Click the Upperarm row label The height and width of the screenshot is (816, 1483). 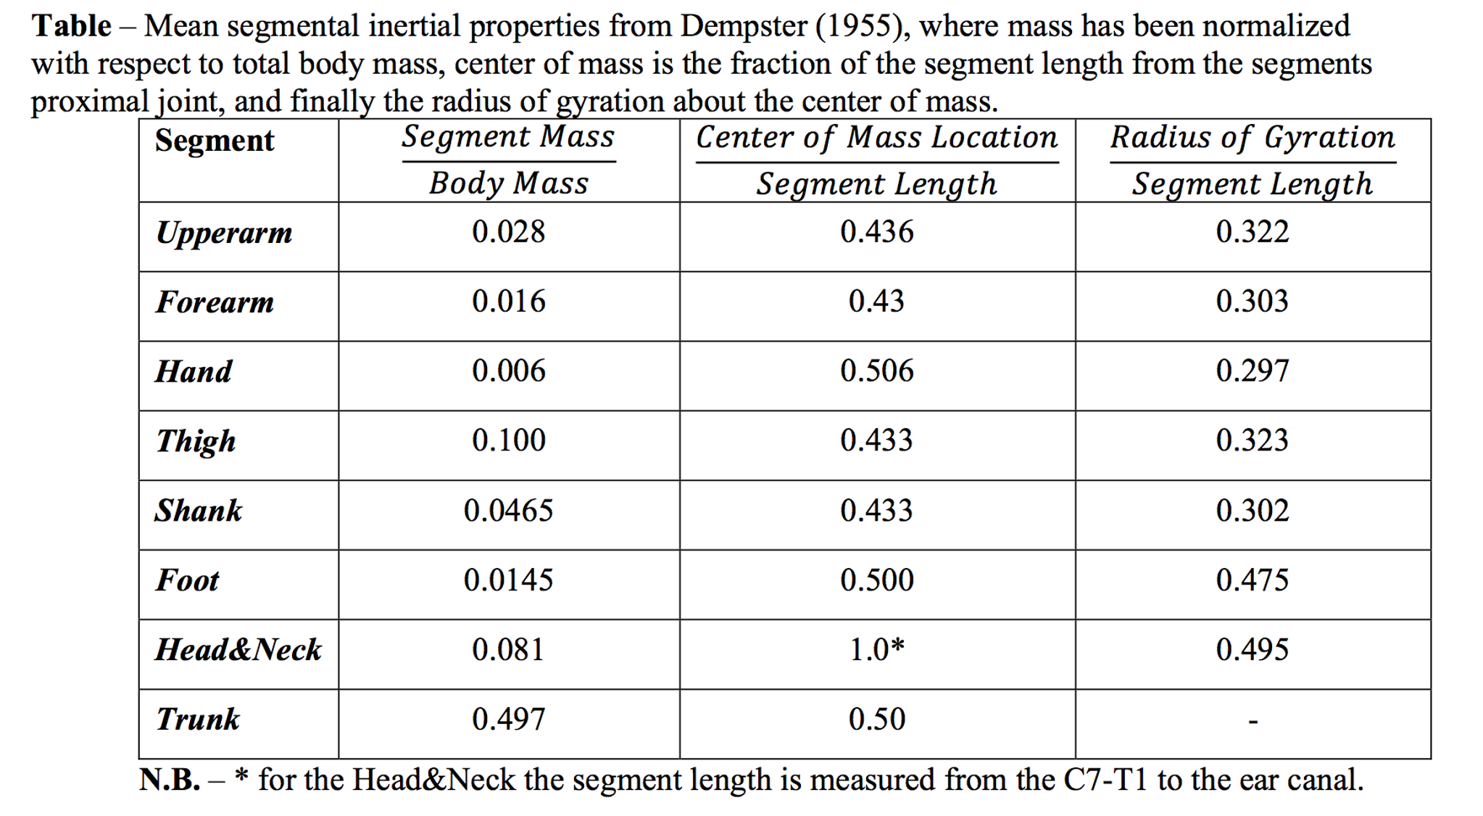[224, 234]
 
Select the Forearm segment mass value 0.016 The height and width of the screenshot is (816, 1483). [508, 302]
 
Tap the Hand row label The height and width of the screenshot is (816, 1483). [194, 372]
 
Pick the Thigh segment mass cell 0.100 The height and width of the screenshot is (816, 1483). [508, 441]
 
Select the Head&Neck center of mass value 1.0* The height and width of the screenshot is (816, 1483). [876, 650]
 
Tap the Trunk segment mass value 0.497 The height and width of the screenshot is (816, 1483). [508, 720]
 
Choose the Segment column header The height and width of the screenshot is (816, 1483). [215, 141]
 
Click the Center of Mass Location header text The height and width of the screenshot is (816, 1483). [876, 138]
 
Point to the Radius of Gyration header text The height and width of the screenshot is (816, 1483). [1253, 138]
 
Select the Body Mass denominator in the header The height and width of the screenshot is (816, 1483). [508, 184]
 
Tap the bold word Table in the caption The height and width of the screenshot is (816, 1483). [71, 27]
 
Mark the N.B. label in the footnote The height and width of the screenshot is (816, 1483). [170, 780]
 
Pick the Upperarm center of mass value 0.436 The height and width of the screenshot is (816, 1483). [876, 232]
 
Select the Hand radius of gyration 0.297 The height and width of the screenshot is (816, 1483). [1252, 371]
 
